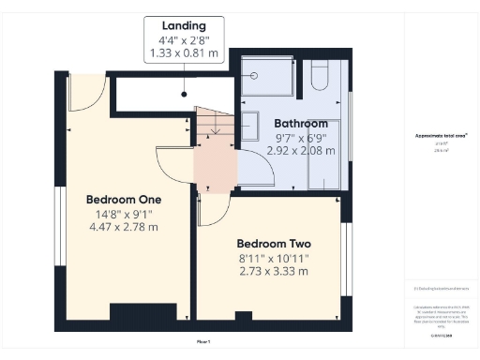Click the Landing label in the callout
(x=184, y=25)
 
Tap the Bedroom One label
(x=124, y=200)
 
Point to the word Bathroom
(x=301, y=124)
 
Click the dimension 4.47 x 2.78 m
(x=124, y=227)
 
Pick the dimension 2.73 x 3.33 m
(x=273, y=271)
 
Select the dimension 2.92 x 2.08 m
(x=301, y=150)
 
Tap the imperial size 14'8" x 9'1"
(x=124, y=214)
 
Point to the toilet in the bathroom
(x=318, y=72)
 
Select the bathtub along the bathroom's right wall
(x=324, y=155)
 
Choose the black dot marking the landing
(x=184, y=93)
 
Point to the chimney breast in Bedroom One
(x=137, y=316)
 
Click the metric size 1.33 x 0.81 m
(x=184, y=55)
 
